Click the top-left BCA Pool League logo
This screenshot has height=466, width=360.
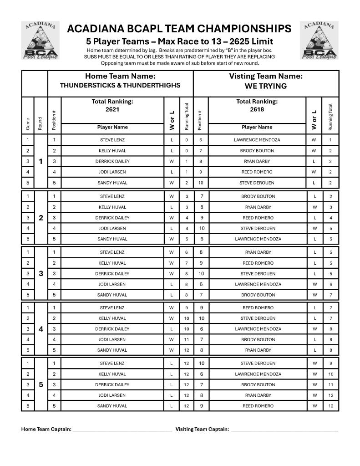coord(41,41)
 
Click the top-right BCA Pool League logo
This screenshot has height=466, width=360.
coord(319,41)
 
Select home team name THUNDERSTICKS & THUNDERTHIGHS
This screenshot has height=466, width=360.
coord(120,86)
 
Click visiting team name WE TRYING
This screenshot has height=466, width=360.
coord(266,86)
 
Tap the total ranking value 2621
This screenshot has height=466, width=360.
coord(112,109)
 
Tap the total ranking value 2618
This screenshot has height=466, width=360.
coord(257,109)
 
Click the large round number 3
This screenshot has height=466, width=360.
coord(41,273)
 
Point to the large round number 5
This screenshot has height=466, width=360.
coord(41,384)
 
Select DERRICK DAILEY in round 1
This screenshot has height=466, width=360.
coord(112,161)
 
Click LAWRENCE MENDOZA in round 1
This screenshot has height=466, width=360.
coord(257,140)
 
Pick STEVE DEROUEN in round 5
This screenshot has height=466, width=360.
coord(257,364)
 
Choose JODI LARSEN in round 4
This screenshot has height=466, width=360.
coord(112,339)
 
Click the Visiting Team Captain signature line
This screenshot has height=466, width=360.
coord(284,430)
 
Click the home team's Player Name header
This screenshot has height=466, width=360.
coord(112,127)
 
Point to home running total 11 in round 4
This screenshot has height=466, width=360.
coord(187,339)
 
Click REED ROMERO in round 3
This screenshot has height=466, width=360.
coord(257,263)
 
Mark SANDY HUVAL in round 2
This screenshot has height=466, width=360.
coord(112,239)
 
